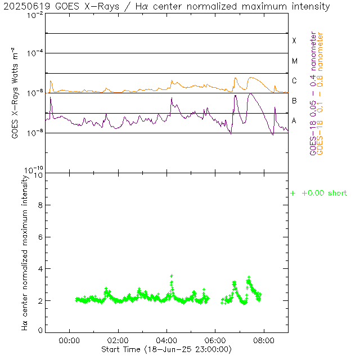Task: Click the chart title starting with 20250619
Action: [169, 7]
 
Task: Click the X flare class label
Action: [294, 41]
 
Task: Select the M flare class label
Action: [294, 61]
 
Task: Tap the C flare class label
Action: [294, 81]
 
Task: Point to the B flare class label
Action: [294, 101]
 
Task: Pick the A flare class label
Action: [294, 120]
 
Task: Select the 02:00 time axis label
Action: [118, 340]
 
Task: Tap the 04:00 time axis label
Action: [167, 340]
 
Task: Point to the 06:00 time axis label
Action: [215, 340]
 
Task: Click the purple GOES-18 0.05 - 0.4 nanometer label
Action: [313, 93]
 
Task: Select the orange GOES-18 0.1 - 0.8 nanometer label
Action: [321, 93]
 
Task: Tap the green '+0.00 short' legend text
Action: [324, 193]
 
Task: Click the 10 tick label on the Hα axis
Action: [38, 175]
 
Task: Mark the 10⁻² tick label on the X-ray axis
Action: [35, 15]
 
